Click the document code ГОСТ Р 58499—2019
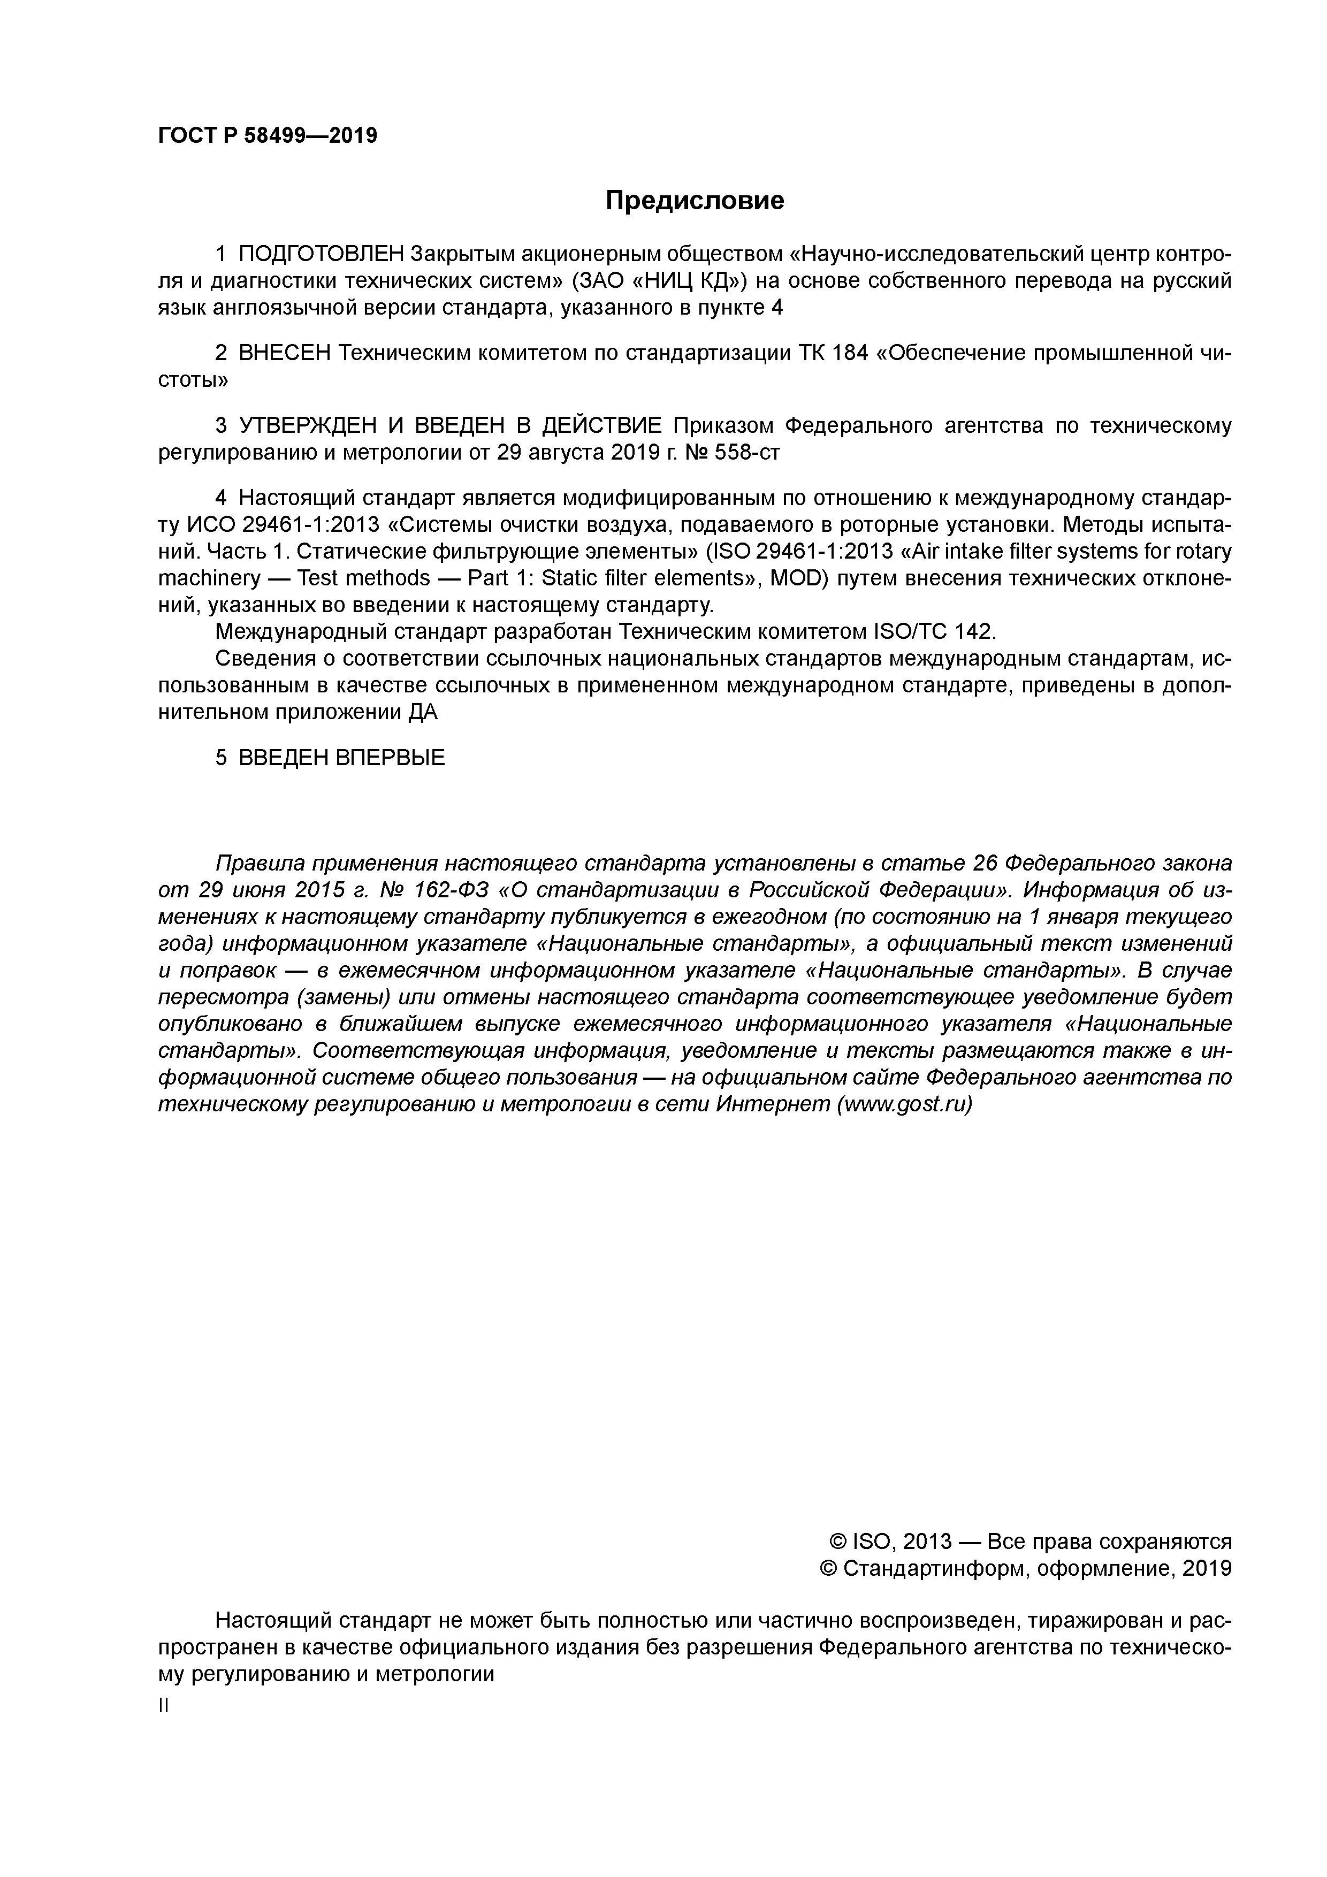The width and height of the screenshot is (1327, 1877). [x=268, y=136]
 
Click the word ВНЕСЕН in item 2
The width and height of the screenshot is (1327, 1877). [x=285, y=353]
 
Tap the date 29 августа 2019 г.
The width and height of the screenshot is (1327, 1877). [x=585, y=452]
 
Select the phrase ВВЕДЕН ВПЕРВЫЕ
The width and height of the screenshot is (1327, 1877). [x=342, y=758]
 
